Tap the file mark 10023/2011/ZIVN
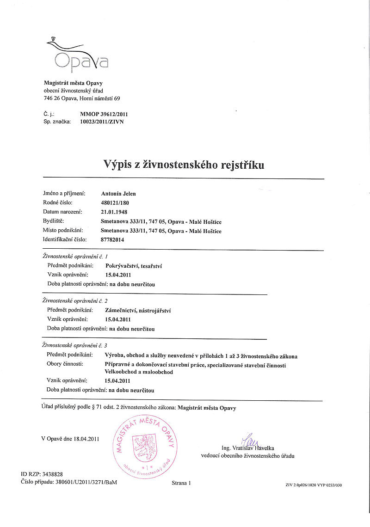pyautogui.click(x=102, y=122)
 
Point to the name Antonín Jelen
pyautogui.click(x=118, y=194)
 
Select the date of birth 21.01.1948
pyautogui.click(x=114, y=212)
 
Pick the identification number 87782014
pyautogui.click(x=112, y=240)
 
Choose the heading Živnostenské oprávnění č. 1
pyautogui.click(x=74, y=256)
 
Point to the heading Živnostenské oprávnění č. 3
pyautogui.click(x=74, y=345)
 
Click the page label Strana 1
pyautogui.click(x=181, y=483)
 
